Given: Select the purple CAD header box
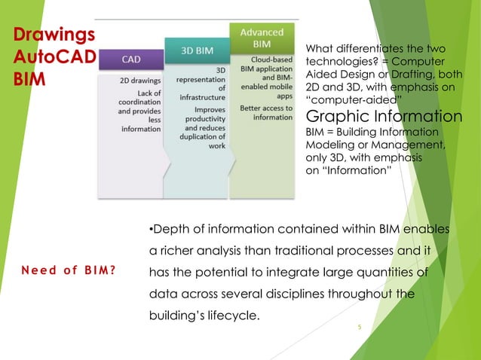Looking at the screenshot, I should [129, 57].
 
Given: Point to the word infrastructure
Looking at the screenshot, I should [201, 97].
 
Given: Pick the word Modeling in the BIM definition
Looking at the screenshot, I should [328, 144].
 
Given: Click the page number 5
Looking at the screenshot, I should [360, 328].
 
